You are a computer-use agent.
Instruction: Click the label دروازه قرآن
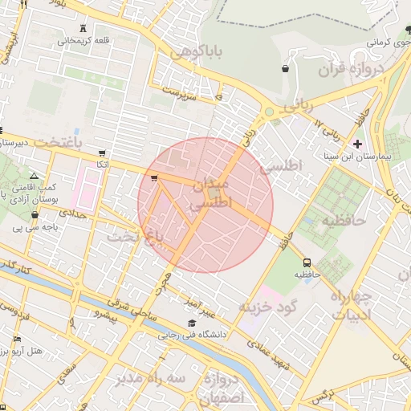[x=348, y=70]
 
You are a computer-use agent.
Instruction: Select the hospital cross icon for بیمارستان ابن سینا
[x=358, y=144]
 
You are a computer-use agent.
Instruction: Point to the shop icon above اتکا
[x=101, y=153]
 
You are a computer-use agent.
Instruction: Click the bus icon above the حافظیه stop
[x=307, y=262]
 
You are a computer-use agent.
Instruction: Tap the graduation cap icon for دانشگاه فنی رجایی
[x=191, y=323]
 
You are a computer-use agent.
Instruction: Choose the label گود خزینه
[x=269, y=307]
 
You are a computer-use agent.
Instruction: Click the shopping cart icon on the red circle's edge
[x=153, y=178]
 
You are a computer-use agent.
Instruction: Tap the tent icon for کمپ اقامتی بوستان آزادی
[x=33, y=175]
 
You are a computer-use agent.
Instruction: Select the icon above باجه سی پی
[x=35, y=215]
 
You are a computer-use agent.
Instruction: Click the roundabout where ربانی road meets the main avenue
[x=270, y=112]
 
